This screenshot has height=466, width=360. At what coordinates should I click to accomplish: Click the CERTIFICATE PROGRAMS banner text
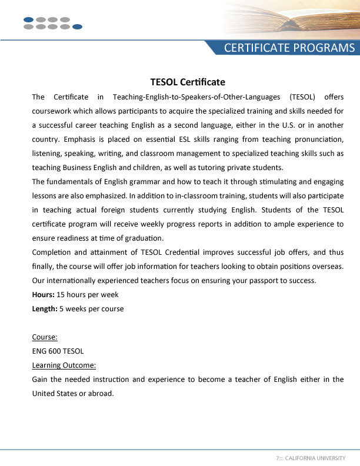tap(289, 48)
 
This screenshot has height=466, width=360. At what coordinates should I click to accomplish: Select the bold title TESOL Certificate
tap(188, 82)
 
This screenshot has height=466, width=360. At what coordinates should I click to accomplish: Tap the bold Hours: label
tap(43, 294)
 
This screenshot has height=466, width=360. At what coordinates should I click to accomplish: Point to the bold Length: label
tap(44, 308)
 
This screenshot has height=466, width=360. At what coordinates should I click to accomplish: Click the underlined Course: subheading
tap(45, 337)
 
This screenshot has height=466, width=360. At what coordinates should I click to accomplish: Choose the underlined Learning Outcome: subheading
tap(64, 365)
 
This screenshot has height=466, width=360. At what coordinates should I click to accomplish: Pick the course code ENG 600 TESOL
tap(58, 351)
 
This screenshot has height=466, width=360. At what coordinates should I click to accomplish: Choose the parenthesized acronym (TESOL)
tap(303, 97)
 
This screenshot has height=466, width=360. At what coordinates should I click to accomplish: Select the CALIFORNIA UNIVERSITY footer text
tap(315, 458)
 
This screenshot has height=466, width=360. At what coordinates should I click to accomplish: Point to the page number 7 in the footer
tap(277, 458)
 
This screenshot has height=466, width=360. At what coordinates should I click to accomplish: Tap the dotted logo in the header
tap(52, 23)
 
